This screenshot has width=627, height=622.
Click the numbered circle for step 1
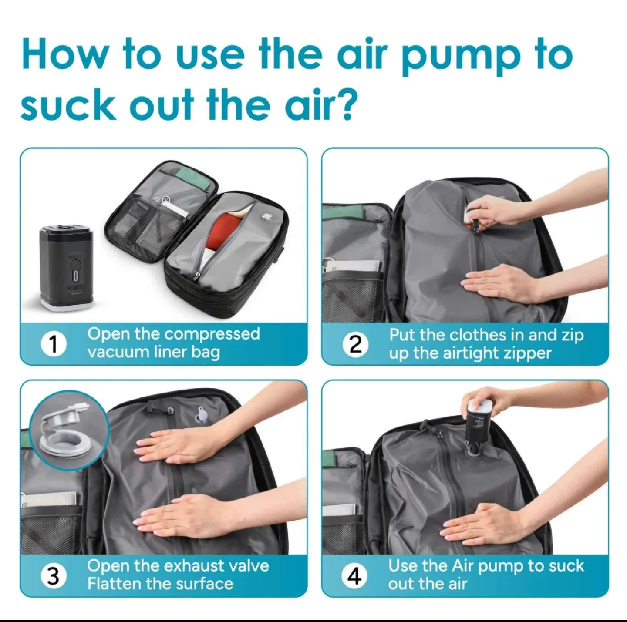(54, 344)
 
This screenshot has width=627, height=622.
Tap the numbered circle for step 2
(355, 344)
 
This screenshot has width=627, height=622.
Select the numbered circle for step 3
(53, 576)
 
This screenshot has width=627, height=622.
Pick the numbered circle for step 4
(354, 576)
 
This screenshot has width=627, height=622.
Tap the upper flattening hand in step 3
(174, 449)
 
